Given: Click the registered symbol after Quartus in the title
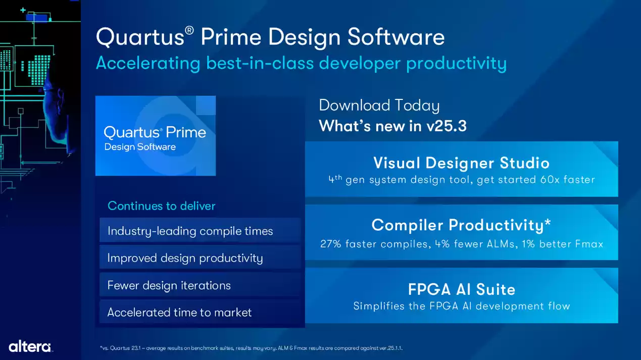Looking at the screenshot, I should click(189, 30).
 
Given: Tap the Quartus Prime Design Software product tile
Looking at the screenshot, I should click(156, 136).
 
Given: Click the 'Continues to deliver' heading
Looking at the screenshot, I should click(161, 206).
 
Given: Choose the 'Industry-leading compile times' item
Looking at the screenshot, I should click(190, 231).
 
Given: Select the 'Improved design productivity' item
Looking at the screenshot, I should click(185, 258).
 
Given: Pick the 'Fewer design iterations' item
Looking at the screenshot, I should click(169, 285).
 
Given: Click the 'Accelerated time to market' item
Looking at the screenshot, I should click(179, 313).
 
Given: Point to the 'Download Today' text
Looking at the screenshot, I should click(379, 105).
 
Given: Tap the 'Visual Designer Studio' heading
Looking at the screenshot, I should click(461, 163).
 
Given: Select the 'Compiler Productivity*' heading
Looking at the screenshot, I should click(461, 225).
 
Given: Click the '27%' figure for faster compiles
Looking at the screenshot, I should click(331, 244).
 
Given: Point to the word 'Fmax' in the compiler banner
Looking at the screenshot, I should click(589, 244).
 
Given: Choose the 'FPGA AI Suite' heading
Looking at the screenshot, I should click(461, 289).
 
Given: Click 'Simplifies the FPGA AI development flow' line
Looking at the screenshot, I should click(461, 306).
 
